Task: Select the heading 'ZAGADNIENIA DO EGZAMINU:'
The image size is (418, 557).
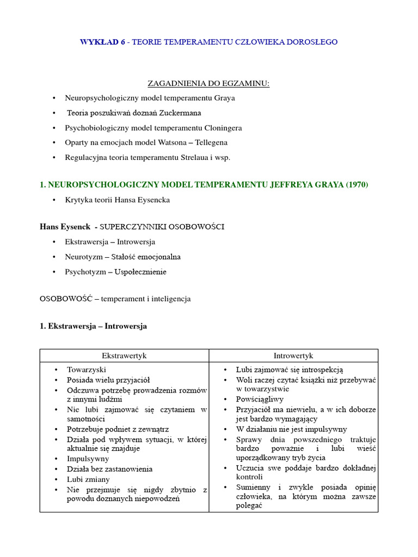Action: tap(208, 83)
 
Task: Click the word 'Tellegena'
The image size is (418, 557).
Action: tap(210, 143)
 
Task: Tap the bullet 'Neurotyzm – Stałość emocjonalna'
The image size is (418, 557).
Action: tap(122, 257)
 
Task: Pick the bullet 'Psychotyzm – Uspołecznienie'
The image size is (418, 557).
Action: tap(115, 271)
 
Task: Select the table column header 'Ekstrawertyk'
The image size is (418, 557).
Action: tap(124, 356)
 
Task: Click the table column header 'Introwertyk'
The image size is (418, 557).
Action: tap(293, 356)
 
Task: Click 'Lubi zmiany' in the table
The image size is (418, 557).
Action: tap(88, 479)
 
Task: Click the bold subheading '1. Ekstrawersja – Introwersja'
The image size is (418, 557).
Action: tap(93, 326)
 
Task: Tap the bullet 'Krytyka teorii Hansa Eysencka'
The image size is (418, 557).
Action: tap(117, 200)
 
